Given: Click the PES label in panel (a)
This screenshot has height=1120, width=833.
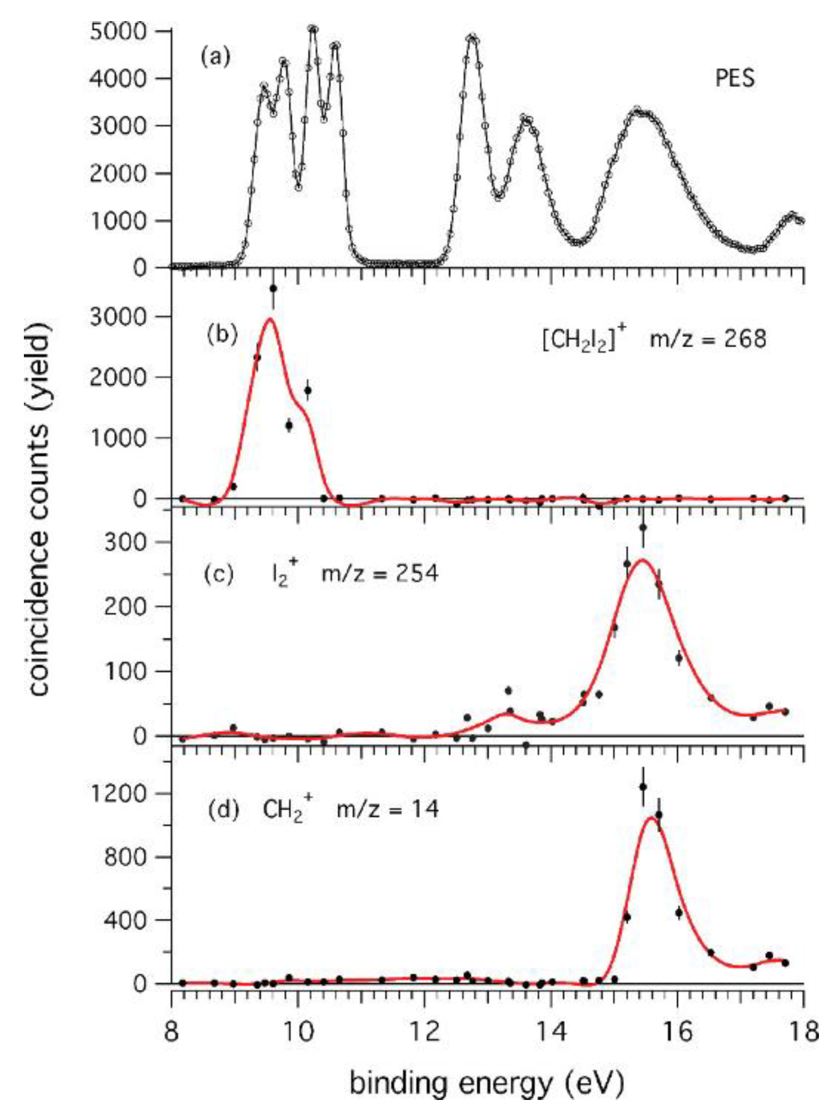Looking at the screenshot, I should coord(735,78).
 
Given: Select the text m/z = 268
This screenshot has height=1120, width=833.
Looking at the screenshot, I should coord(708,339).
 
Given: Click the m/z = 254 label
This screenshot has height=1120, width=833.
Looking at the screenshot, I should coord(380,574).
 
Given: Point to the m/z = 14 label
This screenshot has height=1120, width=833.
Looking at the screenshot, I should coord(387,810).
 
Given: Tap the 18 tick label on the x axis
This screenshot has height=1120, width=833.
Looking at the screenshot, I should coord(802,1029).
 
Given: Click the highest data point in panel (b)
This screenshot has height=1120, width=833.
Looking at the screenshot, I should coord(274,289).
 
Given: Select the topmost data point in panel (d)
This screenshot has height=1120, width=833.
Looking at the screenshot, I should coord(643,787).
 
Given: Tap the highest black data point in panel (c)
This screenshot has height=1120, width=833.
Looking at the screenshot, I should coord(643,527).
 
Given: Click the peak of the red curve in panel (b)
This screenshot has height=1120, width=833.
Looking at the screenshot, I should coord(270,319).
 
